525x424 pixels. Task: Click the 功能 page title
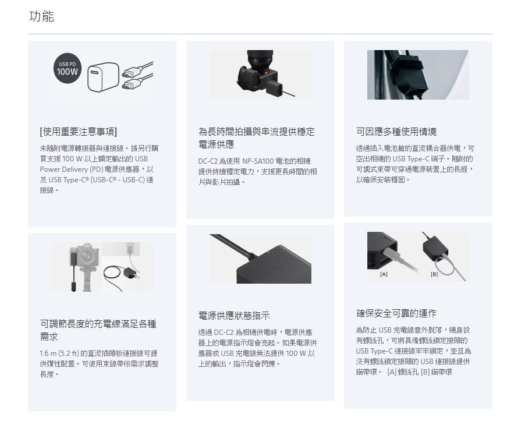[x=41, y=16]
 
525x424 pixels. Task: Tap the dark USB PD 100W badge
[x=68, y=68]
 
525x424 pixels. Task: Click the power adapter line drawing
[x=103, y=77]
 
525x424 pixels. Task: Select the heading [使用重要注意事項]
[x=79, y=132]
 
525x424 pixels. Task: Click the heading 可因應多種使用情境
[x=396, y=132]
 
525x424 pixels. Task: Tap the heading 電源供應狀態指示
[x=234, y=316]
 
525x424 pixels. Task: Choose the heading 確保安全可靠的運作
[x=396, y=313]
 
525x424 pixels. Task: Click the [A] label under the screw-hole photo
[x=384, y=274]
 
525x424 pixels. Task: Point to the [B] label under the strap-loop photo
[x=434, y=274]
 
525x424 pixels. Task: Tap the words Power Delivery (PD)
[x=71, y=169]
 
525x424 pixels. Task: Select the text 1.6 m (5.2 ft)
[x=59, y=354]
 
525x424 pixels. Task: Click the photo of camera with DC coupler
[x=260, y=75]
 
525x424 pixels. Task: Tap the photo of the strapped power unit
[x=418, y=75]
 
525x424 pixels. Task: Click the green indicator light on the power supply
[x=268, y=252]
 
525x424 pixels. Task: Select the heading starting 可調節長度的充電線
[x=98, y=330]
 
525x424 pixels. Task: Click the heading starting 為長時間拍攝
[x=257, y=138]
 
